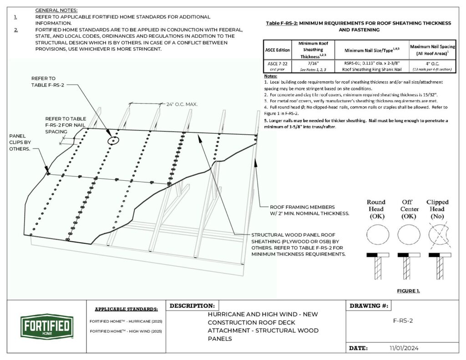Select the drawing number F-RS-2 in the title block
403,320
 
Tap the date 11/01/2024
404,348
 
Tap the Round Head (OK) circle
378,235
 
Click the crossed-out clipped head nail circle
437,235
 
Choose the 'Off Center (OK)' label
407,209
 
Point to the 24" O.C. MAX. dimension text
181,105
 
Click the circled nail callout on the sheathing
112,140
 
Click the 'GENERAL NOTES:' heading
56,10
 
